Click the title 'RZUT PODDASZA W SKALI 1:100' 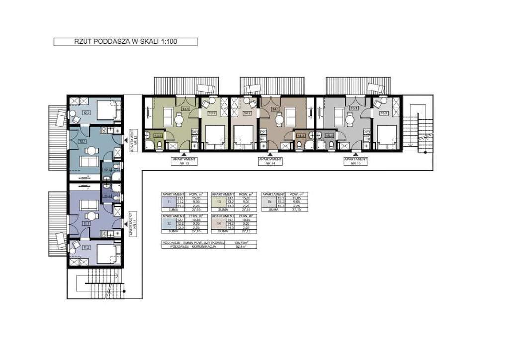pyautogui.click(x=125, y=42)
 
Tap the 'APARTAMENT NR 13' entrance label pyautogui.click(x=184, y=161)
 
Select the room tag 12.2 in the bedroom pyautogui.click(x=86, y=113)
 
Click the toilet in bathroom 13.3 pyautogui.click(x=158, y=145)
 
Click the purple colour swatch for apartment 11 pyautogui.click(x=169, y=202)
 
